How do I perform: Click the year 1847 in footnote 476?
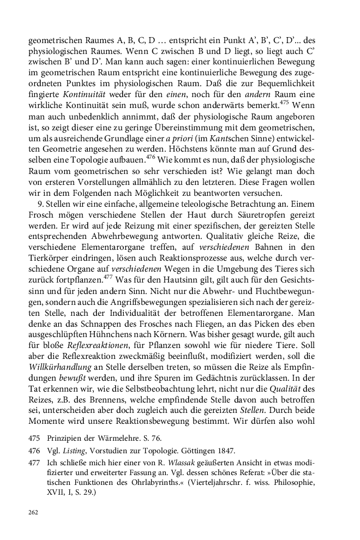tap(225, 451)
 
